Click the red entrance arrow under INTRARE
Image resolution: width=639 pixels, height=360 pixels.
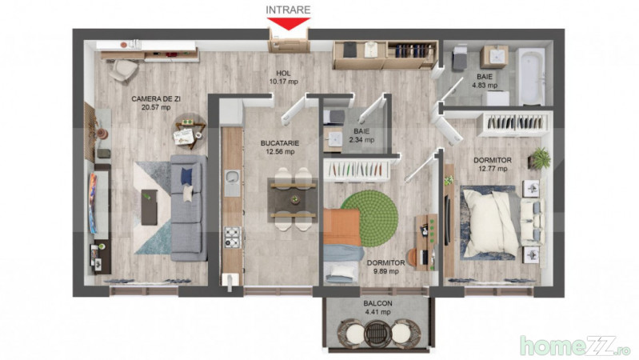tap(288, 23)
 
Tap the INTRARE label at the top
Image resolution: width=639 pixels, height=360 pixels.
tap(288, 10)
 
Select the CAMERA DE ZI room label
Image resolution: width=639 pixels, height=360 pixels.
tap(156, 98)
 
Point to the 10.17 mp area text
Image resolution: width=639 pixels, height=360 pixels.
tap(284, 82)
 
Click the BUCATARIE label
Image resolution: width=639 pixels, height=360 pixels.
tap(280, 143)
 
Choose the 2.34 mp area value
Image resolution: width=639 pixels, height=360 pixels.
tap(361, 140)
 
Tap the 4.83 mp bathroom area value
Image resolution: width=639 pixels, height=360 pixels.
tap(485, 86)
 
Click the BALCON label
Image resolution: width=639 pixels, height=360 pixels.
tap(377, 303)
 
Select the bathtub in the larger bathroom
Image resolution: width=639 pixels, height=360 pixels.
tap(531, 76)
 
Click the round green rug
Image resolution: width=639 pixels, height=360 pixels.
tap(369, 218)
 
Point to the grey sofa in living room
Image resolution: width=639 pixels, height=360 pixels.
tap(189, 207)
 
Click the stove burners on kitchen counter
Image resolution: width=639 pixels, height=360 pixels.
tap(232, 238)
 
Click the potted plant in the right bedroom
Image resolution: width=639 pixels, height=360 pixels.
tap(540, 158)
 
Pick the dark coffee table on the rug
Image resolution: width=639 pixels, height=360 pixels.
tap(150, 207)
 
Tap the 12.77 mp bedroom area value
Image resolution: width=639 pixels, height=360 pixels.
tap(493, 168)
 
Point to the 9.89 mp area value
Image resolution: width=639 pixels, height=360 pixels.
tap(385, 271)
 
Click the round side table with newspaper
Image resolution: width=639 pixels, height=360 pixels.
tap(190, 131)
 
